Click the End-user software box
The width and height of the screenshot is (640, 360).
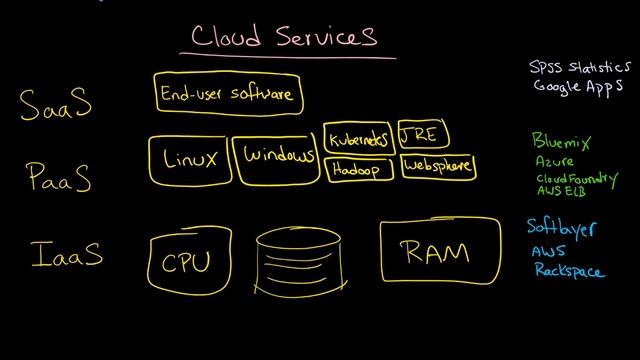(227, 94)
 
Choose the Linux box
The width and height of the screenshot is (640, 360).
(189, 158)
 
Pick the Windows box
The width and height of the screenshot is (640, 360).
(277, 158)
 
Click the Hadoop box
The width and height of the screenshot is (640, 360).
(357, 169)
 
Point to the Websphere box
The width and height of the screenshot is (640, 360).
(438, 166)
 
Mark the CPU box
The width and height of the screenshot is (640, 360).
(186, 262)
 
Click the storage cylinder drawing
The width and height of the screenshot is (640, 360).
(301, 259)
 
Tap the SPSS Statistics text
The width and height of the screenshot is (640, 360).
(580, 68)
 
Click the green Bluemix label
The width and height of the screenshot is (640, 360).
(562, 143)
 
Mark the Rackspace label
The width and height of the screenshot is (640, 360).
(569, 270)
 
